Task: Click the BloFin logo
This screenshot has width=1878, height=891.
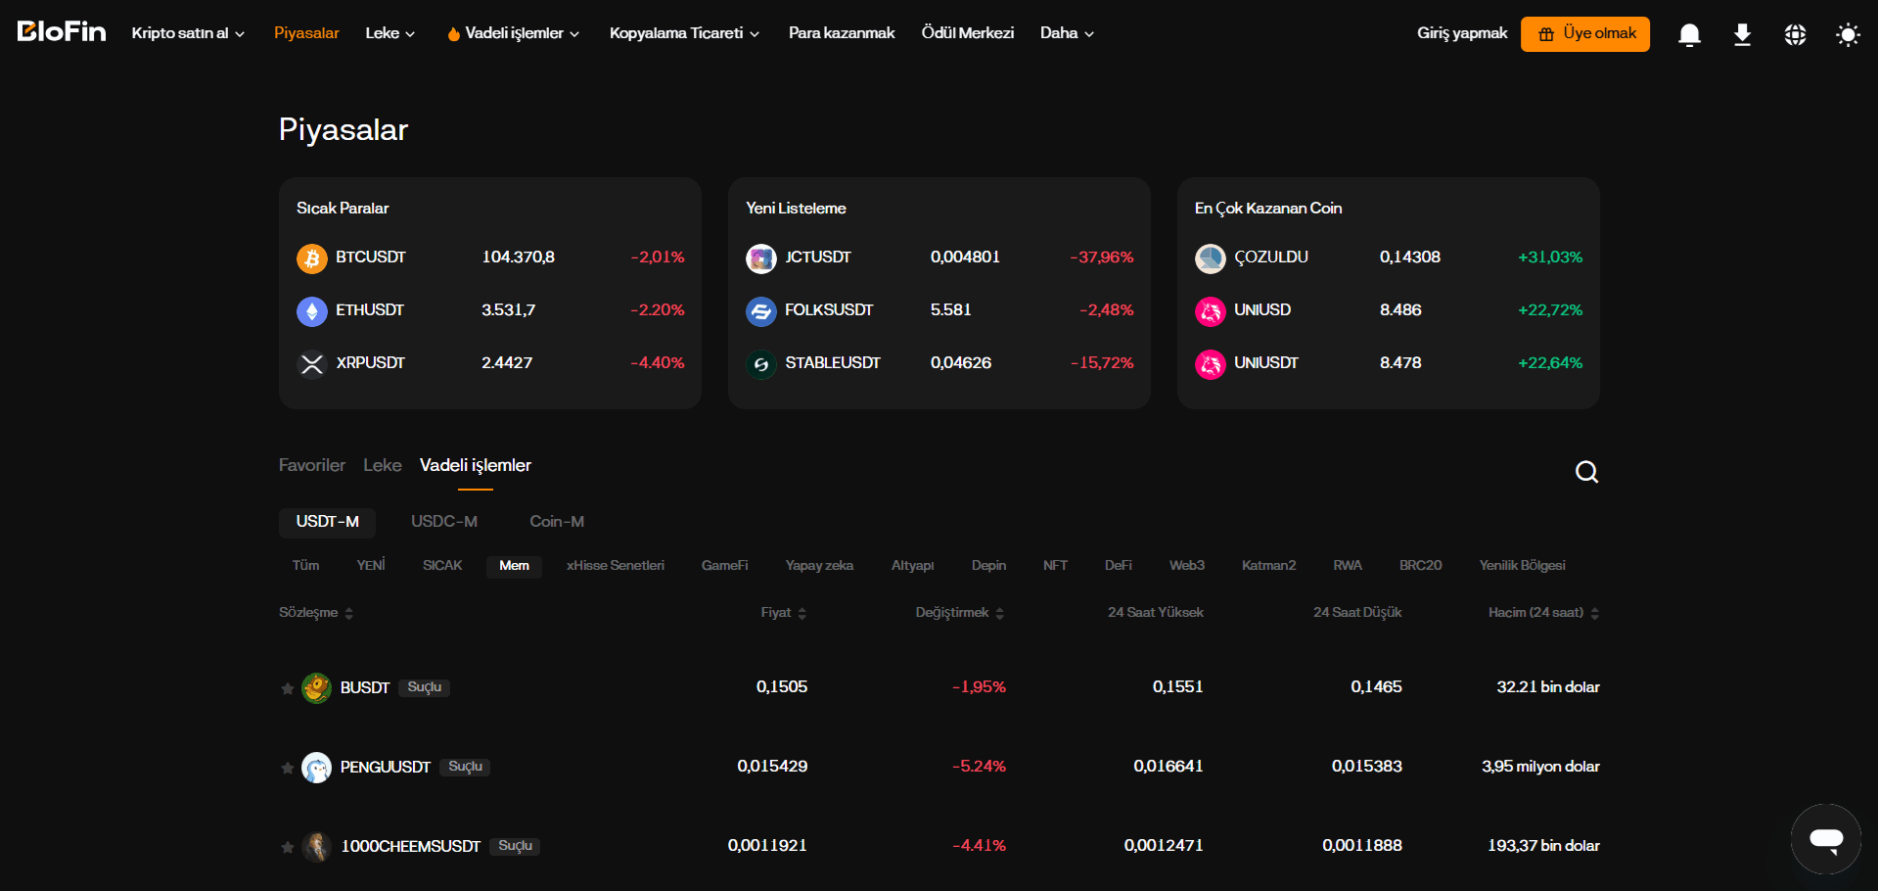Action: (62, 32)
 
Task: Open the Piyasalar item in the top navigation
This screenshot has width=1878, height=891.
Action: (306, 33)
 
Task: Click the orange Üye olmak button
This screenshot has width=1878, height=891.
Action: (1584, 34)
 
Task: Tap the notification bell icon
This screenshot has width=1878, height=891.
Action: (1689, 35)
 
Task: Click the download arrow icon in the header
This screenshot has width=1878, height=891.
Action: (1742, 35)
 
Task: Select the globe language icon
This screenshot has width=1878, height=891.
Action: (1795, 35)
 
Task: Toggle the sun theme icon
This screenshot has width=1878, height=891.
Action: (1848, 35)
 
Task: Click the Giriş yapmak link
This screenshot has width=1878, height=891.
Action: (1462, 33)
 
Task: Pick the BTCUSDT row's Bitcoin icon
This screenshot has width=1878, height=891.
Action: (312, 258)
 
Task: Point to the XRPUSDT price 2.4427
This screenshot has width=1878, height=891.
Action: (507, 362)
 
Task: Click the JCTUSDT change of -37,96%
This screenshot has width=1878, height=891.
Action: (1102, 258)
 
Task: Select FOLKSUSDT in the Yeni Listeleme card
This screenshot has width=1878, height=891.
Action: (829, 309)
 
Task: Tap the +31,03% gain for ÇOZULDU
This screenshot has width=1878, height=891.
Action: (1550, 258)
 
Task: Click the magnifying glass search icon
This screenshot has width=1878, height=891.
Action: (1586, 473)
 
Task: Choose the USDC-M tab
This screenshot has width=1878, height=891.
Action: (444, 522)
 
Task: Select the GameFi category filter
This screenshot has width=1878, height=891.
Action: (725, 566)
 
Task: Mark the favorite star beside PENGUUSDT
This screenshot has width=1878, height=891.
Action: (288, 768)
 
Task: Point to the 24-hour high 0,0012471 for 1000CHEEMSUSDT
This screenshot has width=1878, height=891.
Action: (1164, 845)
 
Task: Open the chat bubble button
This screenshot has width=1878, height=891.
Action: (1826, 839)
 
